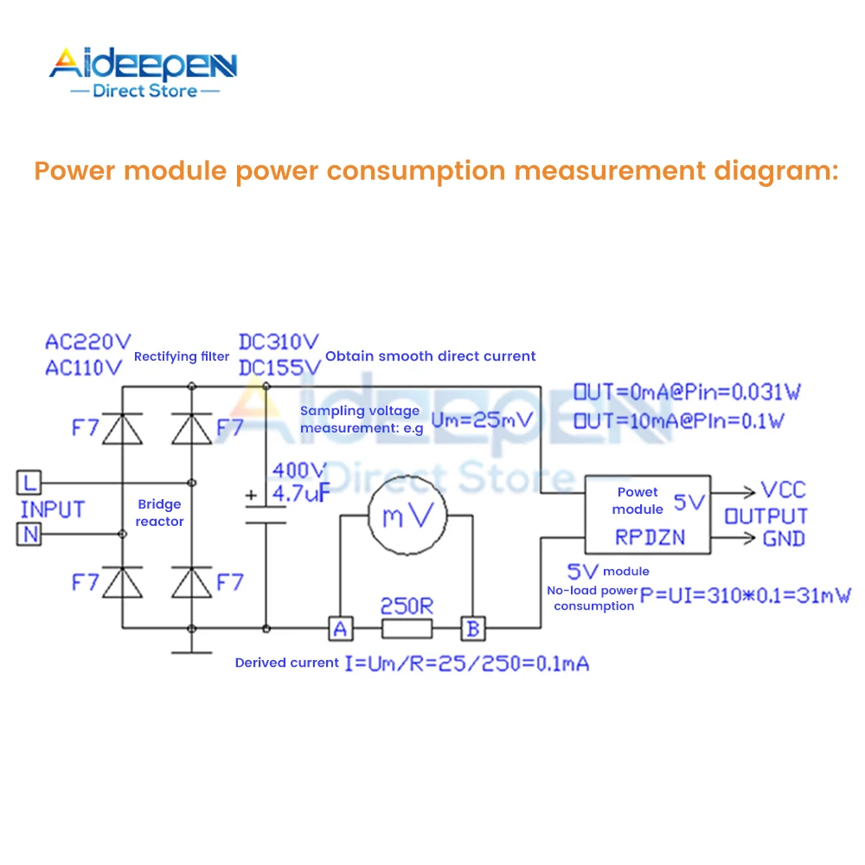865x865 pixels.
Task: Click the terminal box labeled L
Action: (x=29, y=482)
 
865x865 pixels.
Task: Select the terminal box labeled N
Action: (x=29, y=535)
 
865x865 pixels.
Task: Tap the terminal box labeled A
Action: (x=340, y=628)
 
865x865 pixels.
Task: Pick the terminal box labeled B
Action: (x=472, y=628)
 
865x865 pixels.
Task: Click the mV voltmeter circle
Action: (x=407, y=516)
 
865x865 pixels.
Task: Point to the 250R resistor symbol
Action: (x=407, y=628)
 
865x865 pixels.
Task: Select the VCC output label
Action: (x=783, y=490)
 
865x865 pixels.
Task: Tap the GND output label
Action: (x=784, y=539)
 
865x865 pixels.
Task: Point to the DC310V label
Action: (x=279, y=342)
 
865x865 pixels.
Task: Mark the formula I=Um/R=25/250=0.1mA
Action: (x=467, y=663)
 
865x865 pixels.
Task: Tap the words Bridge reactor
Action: (x=159, y=513)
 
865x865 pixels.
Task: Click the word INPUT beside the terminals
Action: (x=53, y=509)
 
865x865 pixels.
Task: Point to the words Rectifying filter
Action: (x=182, y=356)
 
